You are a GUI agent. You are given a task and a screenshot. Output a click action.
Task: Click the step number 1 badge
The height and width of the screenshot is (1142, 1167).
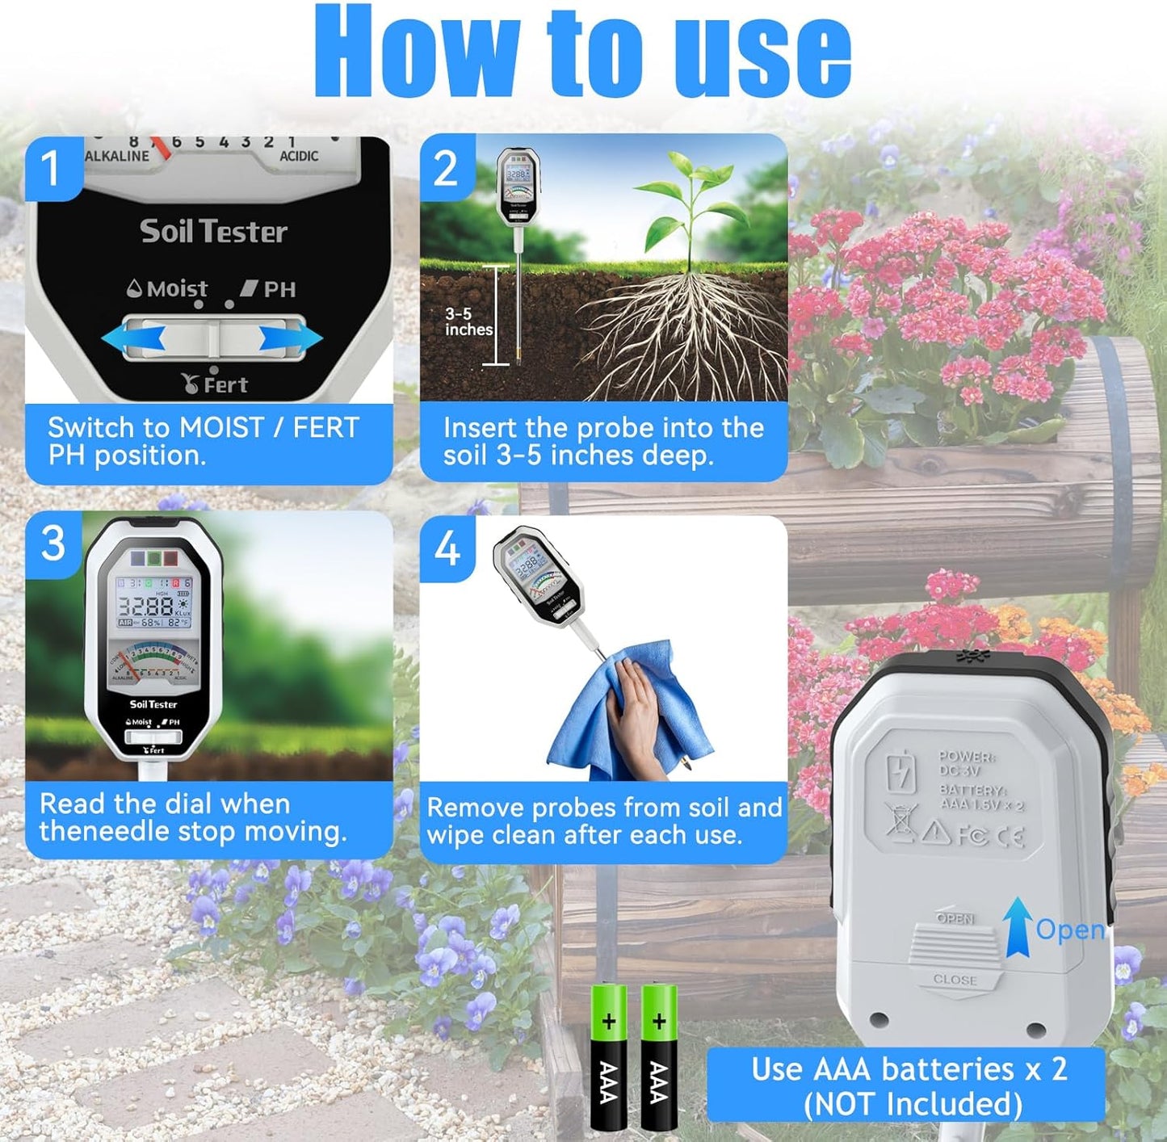(x=51, y=168)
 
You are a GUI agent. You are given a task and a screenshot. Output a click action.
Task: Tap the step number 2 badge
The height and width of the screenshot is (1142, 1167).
(x=446, y=168)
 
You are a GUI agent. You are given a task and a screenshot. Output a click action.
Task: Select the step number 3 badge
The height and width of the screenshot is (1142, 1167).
(x=52, y=543)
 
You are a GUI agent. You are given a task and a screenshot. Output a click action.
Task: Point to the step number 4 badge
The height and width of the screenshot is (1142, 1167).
(x=447, y=549)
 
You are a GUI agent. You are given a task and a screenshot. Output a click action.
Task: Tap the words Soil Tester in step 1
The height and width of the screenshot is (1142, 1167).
(x=213, y=232)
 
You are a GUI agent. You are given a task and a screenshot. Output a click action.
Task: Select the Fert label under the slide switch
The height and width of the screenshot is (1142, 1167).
(x=216, y=384)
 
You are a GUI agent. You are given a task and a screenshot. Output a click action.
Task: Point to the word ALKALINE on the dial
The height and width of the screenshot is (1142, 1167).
(x=117, y=156)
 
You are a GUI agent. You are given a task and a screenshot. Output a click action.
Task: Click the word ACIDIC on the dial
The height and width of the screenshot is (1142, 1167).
(x=299, y=156)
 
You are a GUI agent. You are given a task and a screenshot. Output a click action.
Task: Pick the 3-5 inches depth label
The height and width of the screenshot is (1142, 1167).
(x=468, y=321)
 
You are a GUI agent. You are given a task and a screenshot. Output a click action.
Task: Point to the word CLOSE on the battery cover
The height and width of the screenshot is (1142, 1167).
(x=955, y=980)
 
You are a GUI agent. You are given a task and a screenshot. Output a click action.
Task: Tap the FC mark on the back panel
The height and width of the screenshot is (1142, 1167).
(x=972, y=835)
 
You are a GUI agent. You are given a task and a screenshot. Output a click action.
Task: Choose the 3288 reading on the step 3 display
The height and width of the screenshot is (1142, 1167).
(x=146, y=606)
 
